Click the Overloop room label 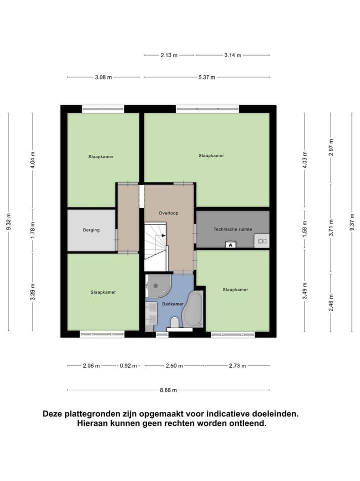(x=168, y=213)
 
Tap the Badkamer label (x=172, y=304)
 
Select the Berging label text (x=91, y=230)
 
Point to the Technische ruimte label (x=232, y=229)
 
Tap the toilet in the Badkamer (x=174, y=322)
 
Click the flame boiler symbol (x=230, y=245)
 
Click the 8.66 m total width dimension (x=168, y=390)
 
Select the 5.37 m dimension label (x=206, y=77)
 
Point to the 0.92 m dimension (x=128, y=366)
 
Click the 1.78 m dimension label (x=32, y=230)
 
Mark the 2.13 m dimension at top (x=169, y=55)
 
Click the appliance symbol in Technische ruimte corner (x=261, y=242)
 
